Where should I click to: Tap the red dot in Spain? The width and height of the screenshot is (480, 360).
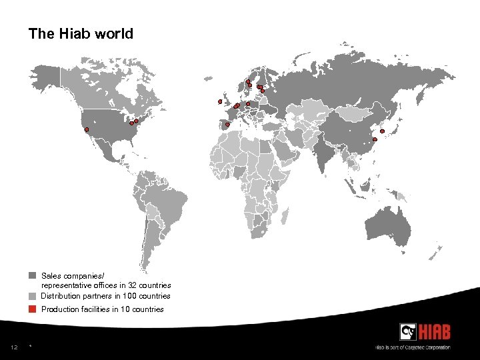click(x=227, y=125)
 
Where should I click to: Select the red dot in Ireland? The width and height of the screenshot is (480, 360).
click(x=219, y=101)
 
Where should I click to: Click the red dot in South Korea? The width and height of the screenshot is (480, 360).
click(x=382, y=131)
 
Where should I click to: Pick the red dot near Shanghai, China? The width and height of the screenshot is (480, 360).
click(x=375, y=139)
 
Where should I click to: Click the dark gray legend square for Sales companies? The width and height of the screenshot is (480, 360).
click(x=32, y=275)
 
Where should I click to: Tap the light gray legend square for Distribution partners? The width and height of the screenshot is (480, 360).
click(x=32, y=296)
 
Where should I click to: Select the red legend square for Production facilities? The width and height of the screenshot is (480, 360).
click(x=32, y=309)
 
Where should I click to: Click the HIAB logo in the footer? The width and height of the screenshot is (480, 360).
click(x=425, y=331)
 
